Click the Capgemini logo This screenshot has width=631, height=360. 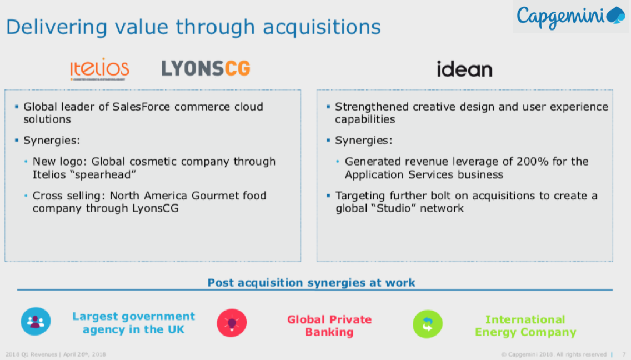pyautogui.click(x=571, y=17)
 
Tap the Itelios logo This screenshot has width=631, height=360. pyautogui.click(x=99, y=69)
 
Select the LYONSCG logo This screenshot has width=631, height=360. pyautogui.click(x=206, y=68)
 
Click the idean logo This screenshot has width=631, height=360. pyautogui.click(x=464, y=69)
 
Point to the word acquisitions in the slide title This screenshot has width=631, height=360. pyautogui.click(x=322, y=27)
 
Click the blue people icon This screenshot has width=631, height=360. pyautogui.click(x=36, y=321)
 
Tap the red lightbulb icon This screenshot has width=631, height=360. pyautogui.click(x=232, y=323)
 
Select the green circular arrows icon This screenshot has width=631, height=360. pyautogui.click(x=428, y=324)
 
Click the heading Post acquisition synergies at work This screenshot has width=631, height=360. pyautogui.click(x=311, y=283)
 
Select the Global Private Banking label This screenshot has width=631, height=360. pyautogui.click(x=329, y=326)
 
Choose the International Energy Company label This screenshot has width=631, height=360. pyautogui.click(x=525, y=326)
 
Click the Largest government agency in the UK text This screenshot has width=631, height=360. pyautogui.click(x=134, y=323)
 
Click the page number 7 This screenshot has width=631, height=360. pyautogui.click(x=624, y=354)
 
